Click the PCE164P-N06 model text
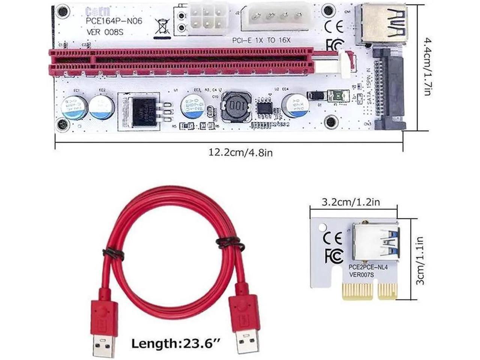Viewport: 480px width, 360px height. pos(114,21)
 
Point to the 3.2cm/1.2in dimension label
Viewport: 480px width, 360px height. pos(351,202)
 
